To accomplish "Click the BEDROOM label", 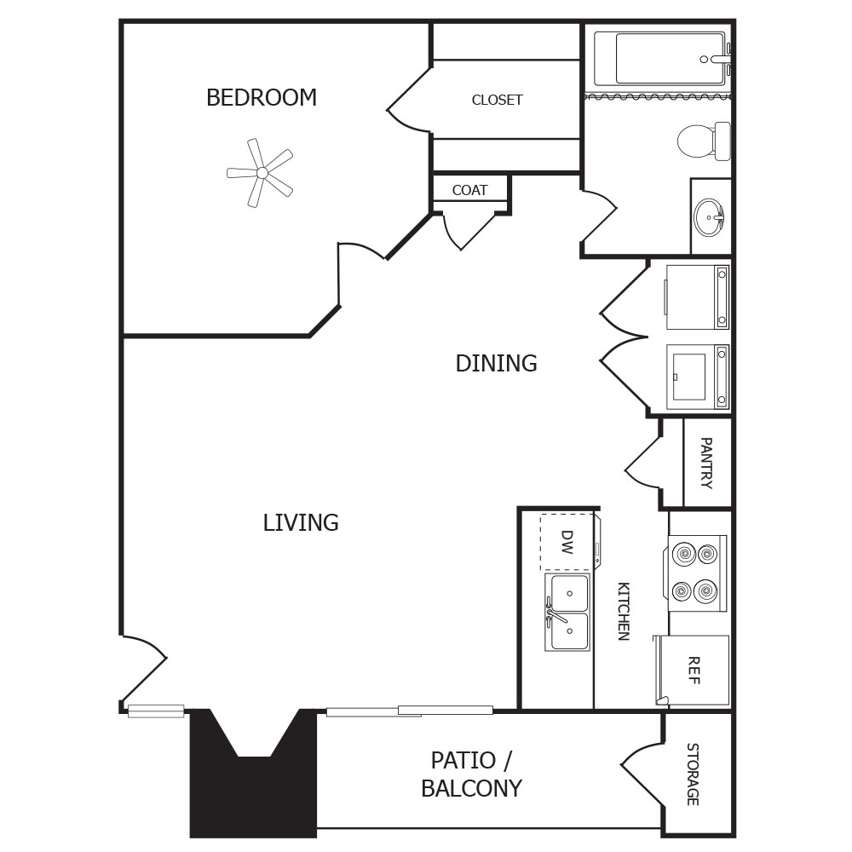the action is click(x=262, y=97).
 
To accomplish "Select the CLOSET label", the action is click(x=498, y=100).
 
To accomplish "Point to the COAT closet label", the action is click(x=470, y=190).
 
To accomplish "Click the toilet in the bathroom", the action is click(x=705, y=141).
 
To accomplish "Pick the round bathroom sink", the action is click(x=709, y=216).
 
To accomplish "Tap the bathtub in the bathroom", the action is click(x=662, y=60).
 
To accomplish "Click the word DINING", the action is click(x=496, y=364).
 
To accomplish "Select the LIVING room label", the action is click(x=301, y=523).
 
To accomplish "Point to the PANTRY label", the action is click(x=706, y=463).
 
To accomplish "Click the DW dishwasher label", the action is click(x=567, y=542).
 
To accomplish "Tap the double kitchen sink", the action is click(x=567, y=612).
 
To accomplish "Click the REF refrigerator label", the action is click(x=694, y=671).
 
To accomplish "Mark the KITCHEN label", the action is click(x=624, y=611).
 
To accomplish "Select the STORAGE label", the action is click(x=693, y=774).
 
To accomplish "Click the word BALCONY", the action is click(x=472, y=788).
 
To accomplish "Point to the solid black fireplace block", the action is click(x=253, y=774).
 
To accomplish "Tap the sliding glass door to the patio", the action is click(x=410, y=711).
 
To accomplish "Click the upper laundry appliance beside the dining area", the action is click(x=697, y=296).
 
